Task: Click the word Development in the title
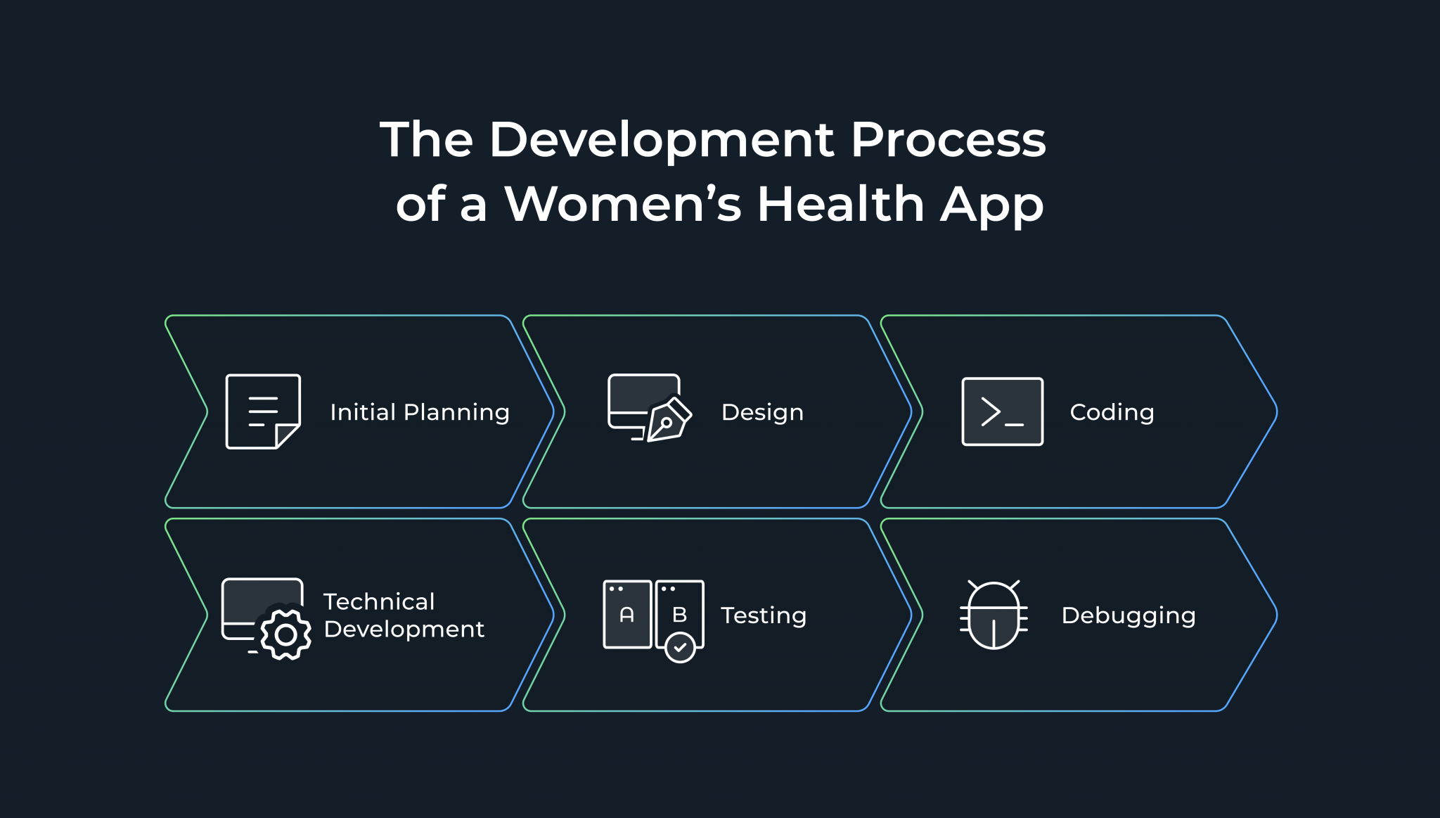(662, 140)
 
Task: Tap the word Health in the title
(840, 204)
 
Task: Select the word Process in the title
(948, 140)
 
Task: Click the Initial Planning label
(420, 412)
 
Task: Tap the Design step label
(762, 412)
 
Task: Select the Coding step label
(1112, 412)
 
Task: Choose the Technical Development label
(404, 615)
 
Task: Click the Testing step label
(764, 615)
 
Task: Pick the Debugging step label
(1129, 615)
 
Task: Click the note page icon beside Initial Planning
(263, 411)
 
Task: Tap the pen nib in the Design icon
(667, 422)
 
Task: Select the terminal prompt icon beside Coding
(1002, 411)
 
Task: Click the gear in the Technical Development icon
(285, 634)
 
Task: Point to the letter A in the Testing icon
(627, 615)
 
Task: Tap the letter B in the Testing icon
(679, 615)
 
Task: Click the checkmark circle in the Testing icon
(680, 647)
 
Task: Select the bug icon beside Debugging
(994, 615)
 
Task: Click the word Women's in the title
(622, 204)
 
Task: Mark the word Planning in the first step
(456, 412)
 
